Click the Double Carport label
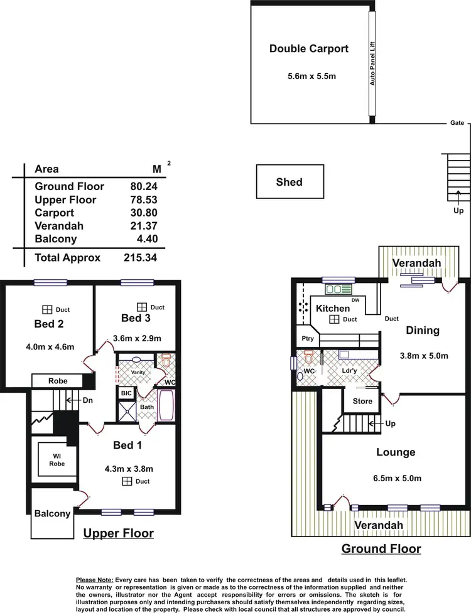308,48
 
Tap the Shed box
289,182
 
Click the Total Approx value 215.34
140,257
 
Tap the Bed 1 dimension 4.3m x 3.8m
129,467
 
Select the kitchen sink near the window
339,289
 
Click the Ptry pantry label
308,339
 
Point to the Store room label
362,401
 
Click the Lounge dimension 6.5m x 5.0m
395,478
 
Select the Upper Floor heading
118,533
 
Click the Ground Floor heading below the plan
381,548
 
